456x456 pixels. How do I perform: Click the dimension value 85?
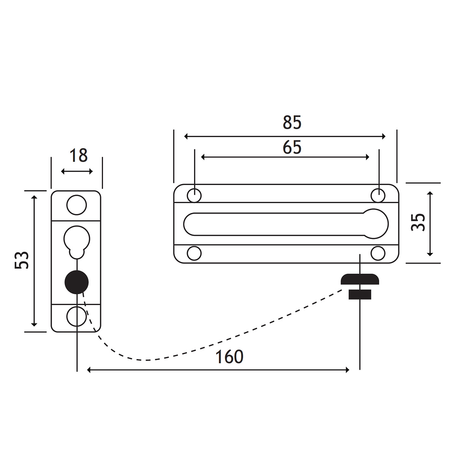click(292, 123)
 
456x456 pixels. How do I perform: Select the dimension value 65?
click(292, 147)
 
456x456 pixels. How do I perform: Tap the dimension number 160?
click(229, 357)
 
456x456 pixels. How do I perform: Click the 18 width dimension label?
click(79, 156)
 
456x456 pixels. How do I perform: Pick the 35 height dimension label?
click(418, 222)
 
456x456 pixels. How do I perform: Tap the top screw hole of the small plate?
click(76, 205)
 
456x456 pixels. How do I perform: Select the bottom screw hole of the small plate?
click(76, 316)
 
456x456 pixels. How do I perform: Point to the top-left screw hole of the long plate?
click(194, 195)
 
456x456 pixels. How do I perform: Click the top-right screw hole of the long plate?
click(378, 195)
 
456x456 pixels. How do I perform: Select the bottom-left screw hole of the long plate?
click(194, 253)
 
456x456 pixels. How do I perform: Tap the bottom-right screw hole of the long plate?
click(378, 253)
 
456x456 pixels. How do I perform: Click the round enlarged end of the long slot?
click(376, 224)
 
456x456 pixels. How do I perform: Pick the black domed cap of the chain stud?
click(359, 280)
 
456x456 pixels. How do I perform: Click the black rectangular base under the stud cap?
click(359, 294)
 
